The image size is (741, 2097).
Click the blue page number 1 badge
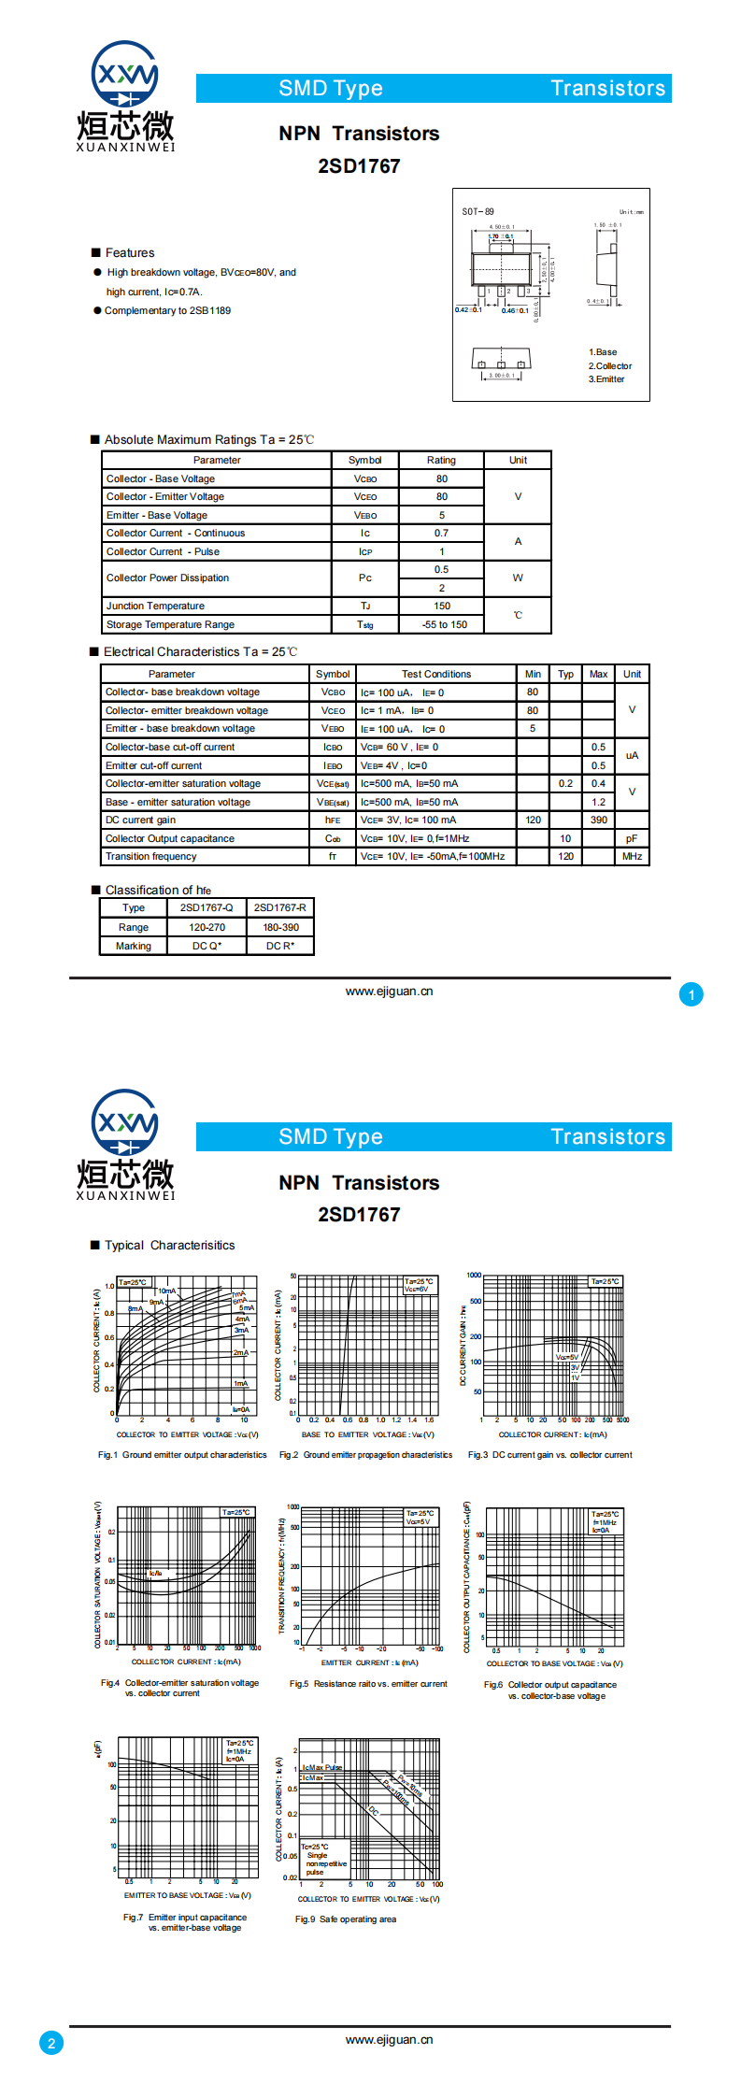[x=691, y=994]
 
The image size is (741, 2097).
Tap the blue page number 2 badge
[x=51, y=2042]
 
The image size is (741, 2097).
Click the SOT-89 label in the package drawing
[x=477, y=211]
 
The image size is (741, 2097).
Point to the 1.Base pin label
[x=603, y=352]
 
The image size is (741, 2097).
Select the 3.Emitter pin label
[x=606, y=379]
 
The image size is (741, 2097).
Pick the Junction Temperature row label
[x=155, y=606]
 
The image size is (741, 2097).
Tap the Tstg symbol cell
[x=364, y=624]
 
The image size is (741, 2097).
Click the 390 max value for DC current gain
[x=598, y=820]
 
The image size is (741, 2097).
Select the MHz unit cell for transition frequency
[x=632, y=856]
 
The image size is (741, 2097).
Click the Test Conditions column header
[x=436, y=674]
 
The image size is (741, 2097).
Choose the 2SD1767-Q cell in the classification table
[x=207, y=907]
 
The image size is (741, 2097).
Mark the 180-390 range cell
[x=280, y=927]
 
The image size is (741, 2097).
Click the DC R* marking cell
[x=280, y=946]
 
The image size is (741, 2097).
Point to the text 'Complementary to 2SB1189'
[x=167, y=310]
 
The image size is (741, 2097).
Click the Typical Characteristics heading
[x=169, y=1245]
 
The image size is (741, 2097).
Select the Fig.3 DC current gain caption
[x=549, y=1454]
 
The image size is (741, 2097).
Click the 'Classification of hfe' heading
[x=158, y=890]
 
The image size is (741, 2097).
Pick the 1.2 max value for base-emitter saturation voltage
[x=598, y=802]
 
